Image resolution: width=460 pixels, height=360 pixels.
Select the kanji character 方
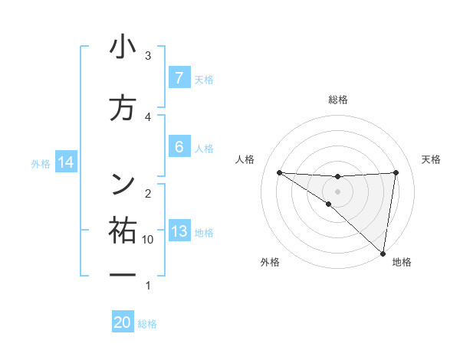(x=123, y=109)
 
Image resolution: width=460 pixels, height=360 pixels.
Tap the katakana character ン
(x=123, y=183)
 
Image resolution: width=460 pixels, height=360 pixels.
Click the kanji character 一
(x=123, y=273)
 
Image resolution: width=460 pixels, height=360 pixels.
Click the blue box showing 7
(x=179, y=78)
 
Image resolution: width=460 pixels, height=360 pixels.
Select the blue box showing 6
(x=179, y=146)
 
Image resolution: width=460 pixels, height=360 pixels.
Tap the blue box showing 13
(x=179, y=231)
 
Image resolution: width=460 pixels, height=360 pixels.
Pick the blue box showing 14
(x=66, y=162)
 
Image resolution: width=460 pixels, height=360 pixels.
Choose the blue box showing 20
(x=123, y=322)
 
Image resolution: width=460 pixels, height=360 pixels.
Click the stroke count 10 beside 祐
(x=148, y=240)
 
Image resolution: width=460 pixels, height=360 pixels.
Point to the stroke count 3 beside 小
(x=148, y=56)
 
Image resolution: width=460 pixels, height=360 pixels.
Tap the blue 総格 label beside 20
(x=147, y=324)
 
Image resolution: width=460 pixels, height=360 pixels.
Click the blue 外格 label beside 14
(x=41, y=163)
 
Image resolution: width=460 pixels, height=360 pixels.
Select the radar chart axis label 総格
(x=337, y=100)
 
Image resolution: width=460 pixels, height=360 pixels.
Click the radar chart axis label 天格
(x=432, y=159)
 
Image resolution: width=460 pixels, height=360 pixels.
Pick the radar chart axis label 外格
(x=270, y=262)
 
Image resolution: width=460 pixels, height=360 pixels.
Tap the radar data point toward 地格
(x=383, y=253)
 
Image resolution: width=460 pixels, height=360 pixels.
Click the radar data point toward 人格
(x=279, y=172)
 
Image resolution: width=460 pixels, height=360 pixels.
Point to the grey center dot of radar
(x=337, y=191)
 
